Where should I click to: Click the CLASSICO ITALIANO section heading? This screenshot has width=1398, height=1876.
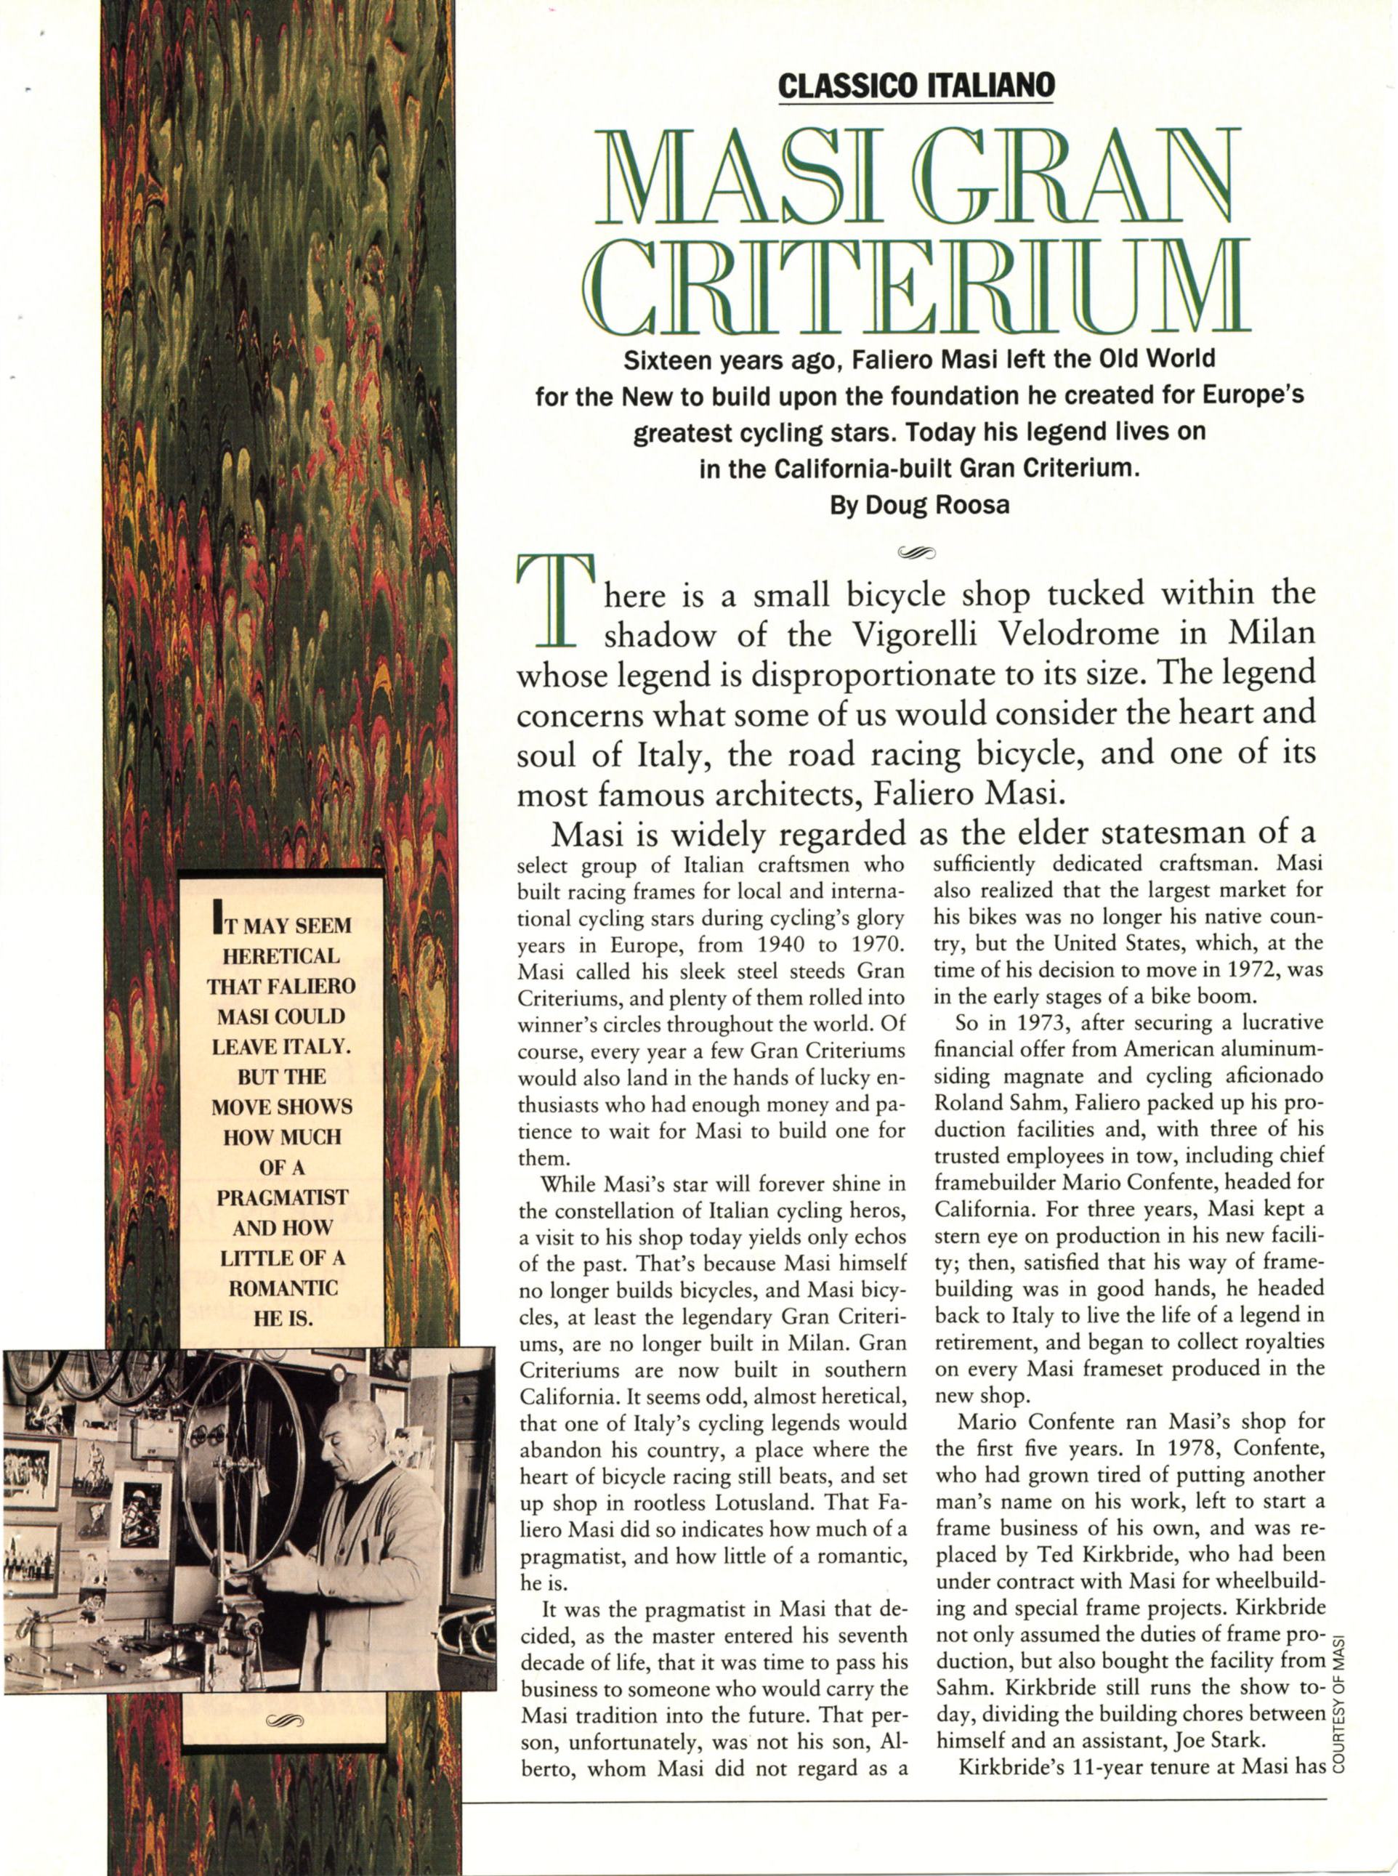coord(916,86)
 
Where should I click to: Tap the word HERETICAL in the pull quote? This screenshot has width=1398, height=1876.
coord(281,956)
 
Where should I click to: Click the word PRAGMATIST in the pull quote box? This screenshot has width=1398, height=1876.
coord(281,1197)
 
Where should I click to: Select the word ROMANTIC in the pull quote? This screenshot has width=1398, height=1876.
coord(281,1288)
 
